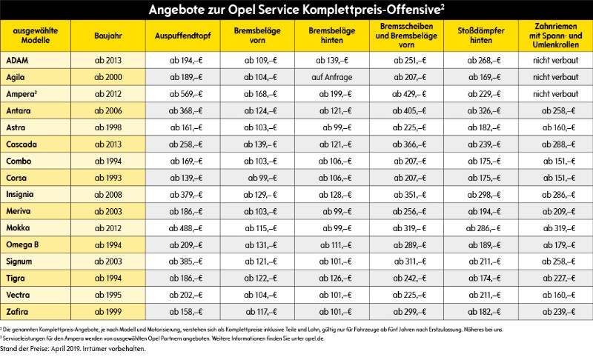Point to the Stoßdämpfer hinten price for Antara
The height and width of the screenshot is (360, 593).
click(x=481, y=110)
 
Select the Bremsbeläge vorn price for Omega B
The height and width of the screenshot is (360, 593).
click(x=256, y=244)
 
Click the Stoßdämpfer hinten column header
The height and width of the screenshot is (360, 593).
click(x=481, y=35)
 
